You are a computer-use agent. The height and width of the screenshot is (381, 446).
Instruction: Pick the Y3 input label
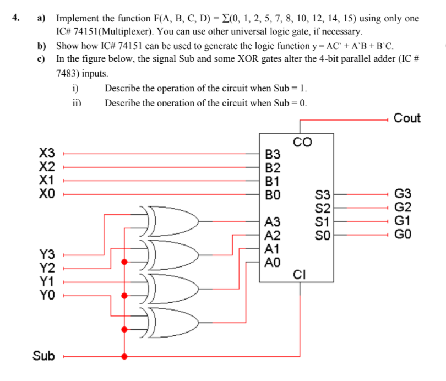click(48, 255)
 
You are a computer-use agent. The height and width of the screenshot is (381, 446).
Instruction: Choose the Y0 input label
click(48, 295)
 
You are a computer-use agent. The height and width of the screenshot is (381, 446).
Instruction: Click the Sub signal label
click(43, 356)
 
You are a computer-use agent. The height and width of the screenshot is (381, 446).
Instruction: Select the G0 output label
click(403, 235)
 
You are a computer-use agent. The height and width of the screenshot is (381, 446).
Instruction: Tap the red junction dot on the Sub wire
click(124, 356)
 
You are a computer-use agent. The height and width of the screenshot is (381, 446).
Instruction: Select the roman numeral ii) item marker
click(77, 102)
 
